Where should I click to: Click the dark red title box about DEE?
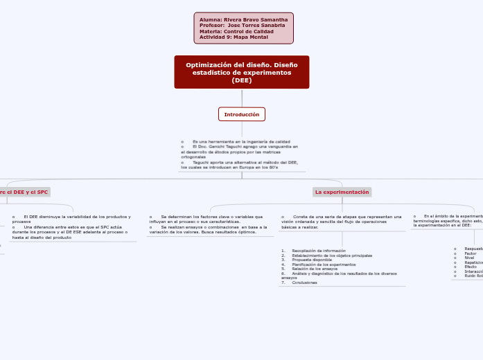(241, 72)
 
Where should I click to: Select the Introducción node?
(241, 114)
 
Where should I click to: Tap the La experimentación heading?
(342, 192)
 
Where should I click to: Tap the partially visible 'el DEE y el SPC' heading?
(25, 192)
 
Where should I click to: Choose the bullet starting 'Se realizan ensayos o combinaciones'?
(208, 229)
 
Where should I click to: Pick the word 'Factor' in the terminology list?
(471, 253)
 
